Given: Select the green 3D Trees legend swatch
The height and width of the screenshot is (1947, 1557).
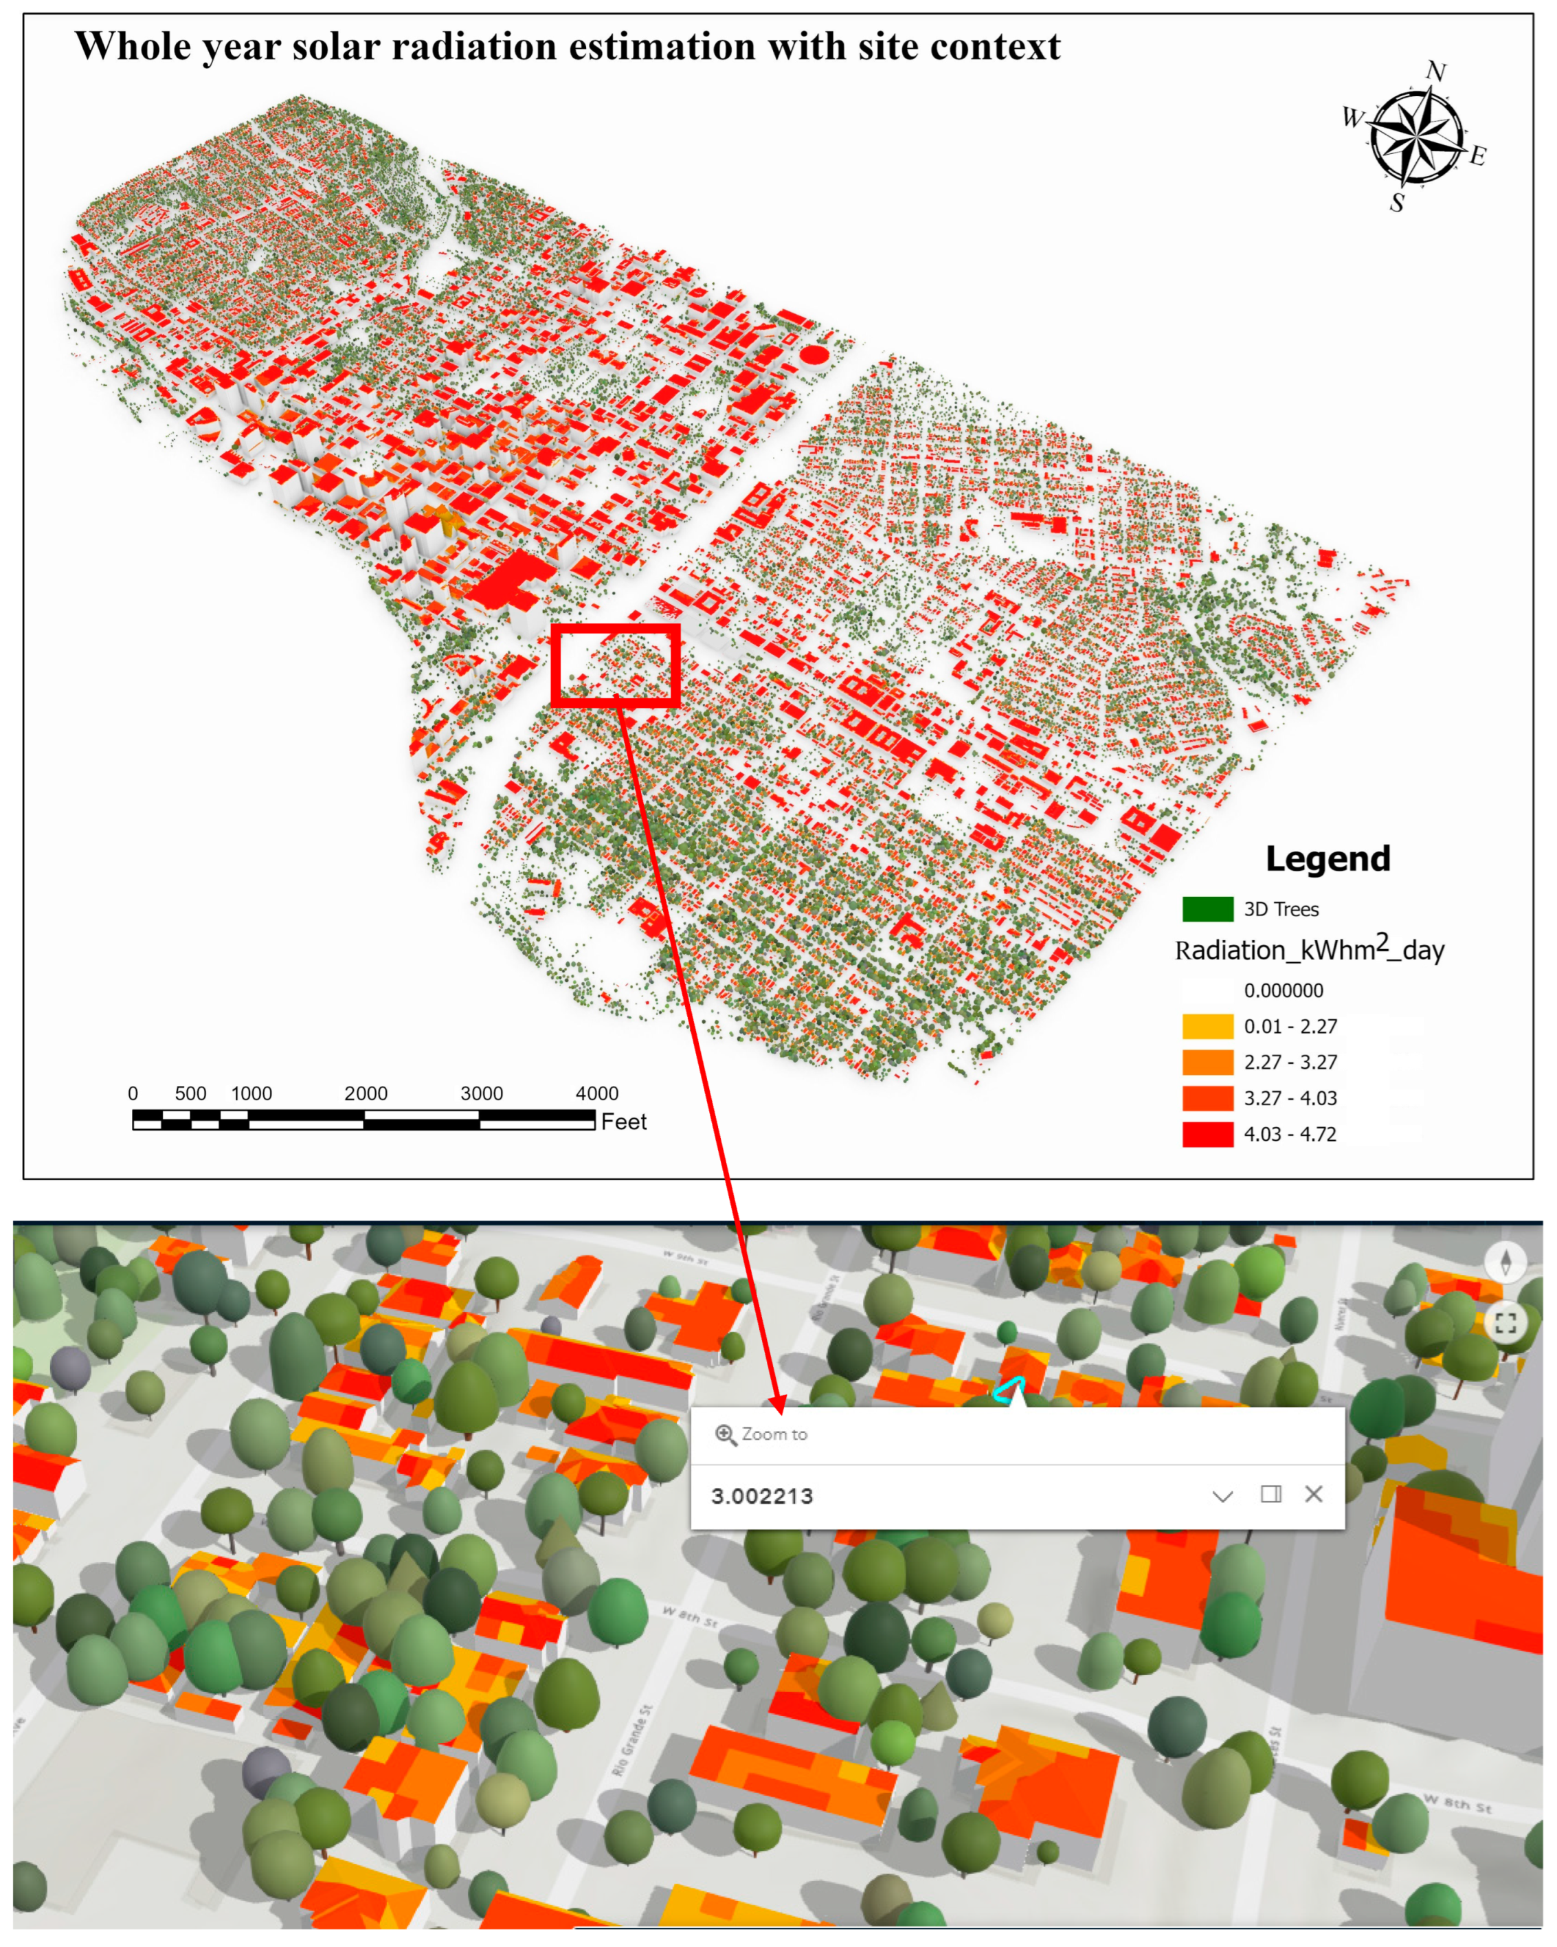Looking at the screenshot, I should coord(1207,909).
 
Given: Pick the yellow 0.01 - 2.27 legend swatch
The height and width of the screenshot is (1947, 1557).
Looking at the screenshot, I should coord(1207,1027).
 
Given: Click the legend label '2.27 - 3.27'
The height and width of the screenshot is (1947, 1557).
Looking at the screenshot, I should coord(1290,1063).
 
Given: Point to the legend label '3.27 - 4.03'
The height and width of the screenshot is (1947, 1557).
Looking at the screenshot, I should coord(1290,1099).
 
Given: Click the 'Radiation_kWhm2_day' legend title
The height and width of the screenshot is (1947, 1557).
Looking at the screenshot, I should coord(1309,950).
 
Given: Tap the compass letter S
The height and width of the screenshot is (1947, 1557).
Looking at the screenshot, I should coord(1396,203).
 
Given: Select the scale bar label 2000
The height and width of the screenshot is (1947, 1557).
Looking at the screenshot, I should coord(366,1093).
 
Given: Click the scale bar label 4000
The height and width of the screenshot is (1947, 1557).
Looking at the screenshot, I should coord(597,1093).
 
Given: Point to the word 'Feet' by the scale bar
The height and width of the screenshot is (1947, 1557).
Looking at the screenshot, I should coord(624,1122).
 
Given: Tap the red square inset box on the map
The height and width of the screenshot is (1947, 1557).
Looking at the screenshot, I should coord(615,665).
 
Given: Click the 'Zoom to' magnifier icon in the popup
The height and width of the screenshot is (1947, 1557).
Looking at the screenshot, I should coord(725,1435).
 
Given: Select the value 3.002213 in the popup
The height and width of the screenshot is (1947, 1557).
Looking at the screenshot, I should coord(762,1496).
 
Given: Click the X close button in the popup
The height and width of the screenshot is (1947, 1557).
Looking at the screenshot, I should coord(1313,1495).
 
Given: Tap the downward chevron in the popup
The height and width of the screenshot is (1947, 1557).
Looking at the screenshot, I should coord(1222,1496).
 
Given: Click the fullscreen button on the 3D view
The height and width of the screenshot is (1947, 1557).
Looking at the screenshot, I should coord(1505,1323).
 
